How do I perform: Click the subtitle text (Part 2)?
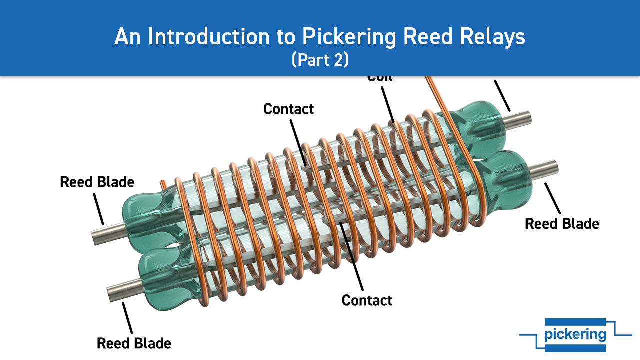tap(320, 59)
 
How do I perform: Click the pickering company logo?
tap(575, 334)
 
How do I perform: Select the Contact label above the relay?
tap(288, 109)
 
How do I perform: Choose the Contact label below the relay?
tap(367, 300)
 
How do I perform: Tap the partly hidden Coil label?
tap(380, 78)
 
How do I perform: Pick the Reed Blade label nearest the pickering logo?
tap(562, 223)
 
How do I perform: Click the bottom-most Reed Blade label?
tap(134, 343)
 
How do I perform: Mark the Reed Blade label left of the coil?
tap(97, 182)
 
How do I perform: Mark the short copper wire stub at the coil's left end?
tap(163, 183)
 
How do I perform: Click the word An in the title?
tap(125, 37)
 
